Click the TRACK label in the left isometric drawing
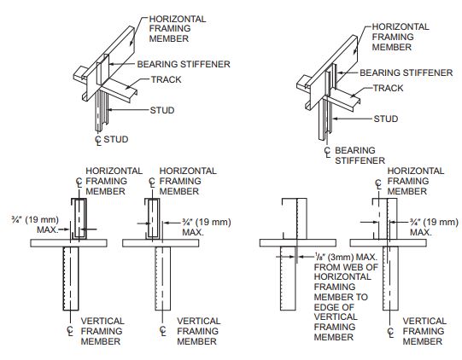[x=167, y=79]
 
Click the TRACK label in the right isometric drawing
[x=389, y=88]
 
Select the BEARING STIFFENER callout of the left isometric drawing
[x=184, y=64]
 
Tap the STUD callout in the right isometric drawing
[x=386, y=119]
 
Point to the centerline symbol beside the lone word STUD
[x=98, y=141]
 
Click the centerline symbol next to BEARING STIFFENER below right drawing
[x=328, y=152]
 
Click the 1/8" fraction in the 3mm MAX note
[x=319, y=258]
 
